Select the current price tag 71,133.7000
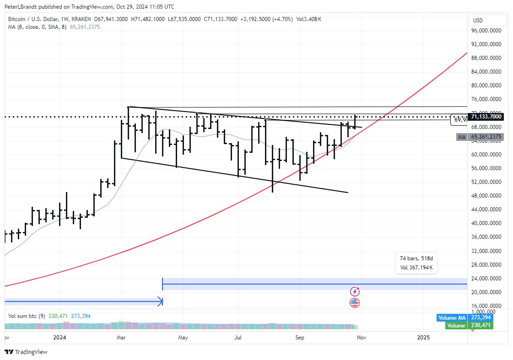point(488,117)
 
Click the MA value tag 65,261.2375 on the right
point(488,137)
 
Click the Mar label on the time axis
point(121,338)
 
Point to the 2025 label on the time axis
point(424,338)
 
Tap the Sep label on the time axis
point(300,338)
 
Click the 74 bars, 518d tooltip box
point(416,263)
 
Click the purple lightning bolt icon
point(355,291)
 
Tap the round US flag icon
point(355,302)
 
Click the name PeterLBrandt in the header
point(21,6)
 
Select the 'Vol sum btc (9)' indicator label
point(26,316)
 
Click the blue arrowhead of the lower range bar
point(160,301)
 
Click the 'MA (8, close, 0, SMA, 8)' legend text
point(38,27)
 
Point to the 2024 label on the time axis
point(60,338)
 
